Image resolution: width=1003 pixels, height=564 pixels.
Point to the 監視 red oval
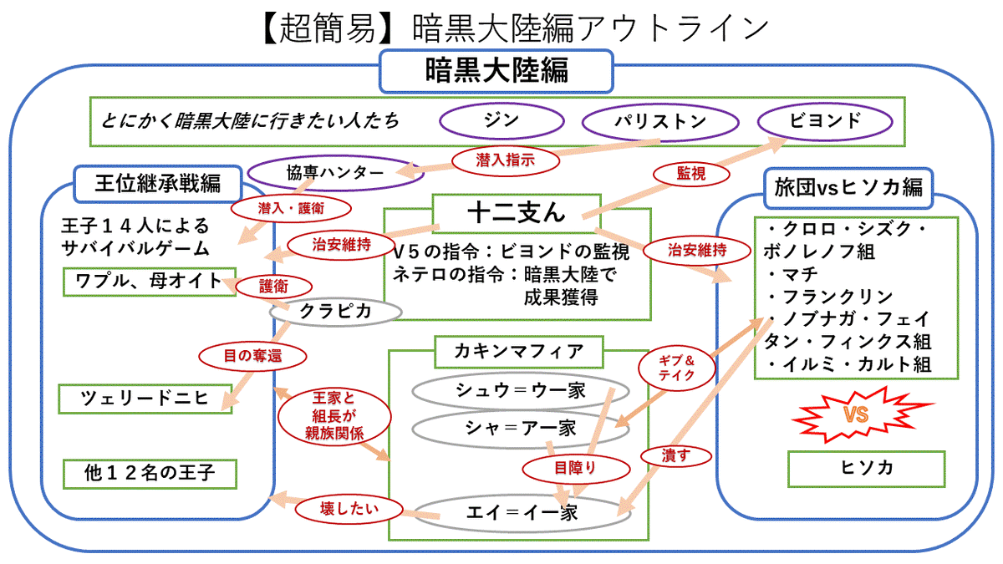click(x=690, y=173)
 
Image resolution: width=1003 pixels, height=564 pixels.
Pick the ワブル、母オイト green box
click(x=150, y=282)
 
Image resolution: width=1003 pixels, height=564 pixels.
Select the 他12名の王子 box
click(x=150, y=474)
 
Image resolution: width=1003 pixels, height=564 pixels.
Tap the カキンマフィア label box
click(x=518, y=351)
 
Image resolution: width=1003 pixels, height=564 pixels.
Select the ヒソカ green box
click(x=866, y=468)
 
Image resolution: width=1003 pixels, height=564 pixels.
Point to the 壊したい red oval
click(x=350, y=507)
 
